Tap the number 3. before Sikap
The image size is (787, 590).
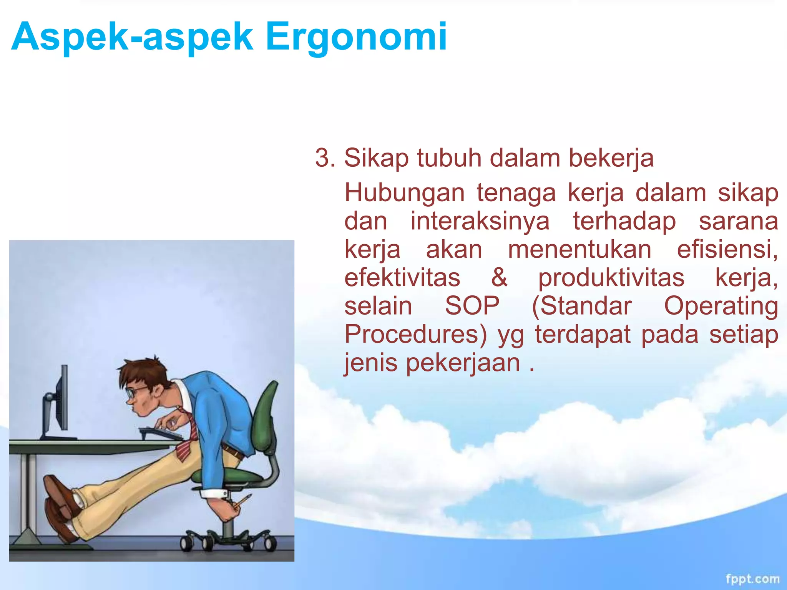[x=325, y=158]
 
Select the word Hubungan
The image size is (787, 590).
[x=404, y=193]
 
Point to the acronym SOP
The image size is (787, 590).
[x=472, y=306]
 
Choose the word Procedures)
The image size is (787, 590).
[x=415, y=334]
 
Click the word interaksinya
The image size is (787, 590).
[x=480, y=221]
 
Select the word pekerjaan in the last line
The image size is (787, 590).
[x=463, y=363]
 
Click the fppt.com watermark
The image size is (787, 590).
[x=752, y=578]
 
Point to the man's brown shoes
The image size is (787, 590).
[x=60, y=507]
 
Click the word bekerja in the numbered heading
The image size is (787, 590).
[x=611, y=158]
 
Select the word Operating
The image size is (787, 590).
[x=721, y=306]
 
